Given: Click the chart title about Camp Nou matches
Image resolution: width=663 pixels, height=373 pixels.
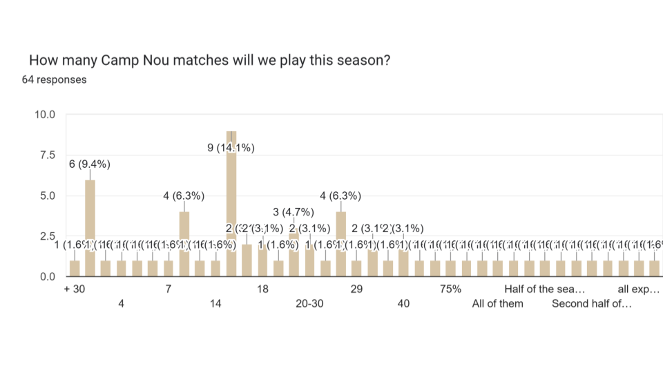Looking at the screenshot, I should [x=209, y=60].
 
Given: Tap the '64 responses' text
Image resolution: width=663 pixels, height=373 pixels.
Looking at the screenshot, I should [x=54, y=79].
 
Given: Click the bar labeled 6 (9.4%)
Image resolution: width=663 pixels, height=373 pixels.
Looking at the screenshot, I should [x=90, y=228].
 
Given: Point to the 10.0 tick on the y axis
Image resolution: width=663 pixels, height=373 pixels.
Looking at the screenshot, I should [x=46, y=115].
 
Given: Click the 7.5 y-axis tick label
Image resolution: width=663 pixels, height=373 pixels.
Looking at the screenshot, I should [x=48, y=155].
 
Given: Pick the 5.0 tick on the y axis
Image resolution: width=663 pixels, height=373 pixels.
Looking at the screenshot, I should [x=48, y=195].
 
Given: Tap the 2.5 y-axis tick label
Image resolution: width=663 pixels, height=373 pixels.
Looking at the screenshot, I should [x=48, y=236].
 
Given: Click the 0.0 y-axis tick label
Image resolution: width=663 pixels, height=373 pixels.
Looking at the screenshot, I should [x=48, y=277].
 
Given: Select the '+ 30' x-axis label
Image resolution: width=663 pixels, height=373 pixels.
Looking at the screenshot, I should [x=74, y=289].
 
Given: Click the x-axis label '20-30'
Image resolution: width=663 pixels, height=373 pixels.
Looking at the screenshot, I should [x=309, y=303].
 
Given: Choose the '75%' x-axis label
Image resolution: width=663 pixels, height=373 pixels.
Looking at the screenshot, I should [x=450, y=289].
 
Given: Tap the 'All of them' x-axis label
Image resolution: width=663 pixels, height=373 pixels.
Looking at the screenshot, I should [x=497, y=303].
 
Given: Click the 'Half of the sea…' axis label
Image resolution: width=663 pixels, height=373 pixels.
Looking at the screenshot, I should [x=545, y=289].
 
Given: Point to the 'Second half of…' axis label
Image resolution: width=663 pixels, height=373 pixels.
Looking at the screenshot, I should [x=592, y=303].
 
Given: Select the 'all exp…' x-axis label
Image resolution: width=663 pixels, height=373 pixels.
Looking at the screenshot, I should [x=639, y=289].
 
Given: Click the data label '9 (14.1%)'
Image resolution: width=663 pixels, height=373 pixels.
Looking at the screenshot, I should [x=231, y=148].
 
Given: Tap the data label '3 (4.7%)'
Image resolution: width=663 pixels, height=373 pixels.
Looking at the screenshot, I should [x=294, y=212].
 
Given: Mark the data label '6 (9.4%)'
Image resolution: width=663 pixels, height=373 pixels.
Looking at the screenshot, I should [x=90, y=164].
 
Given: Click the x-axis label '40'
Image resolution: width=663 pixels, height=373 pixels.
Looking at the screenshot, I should [x=403, y=303].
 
